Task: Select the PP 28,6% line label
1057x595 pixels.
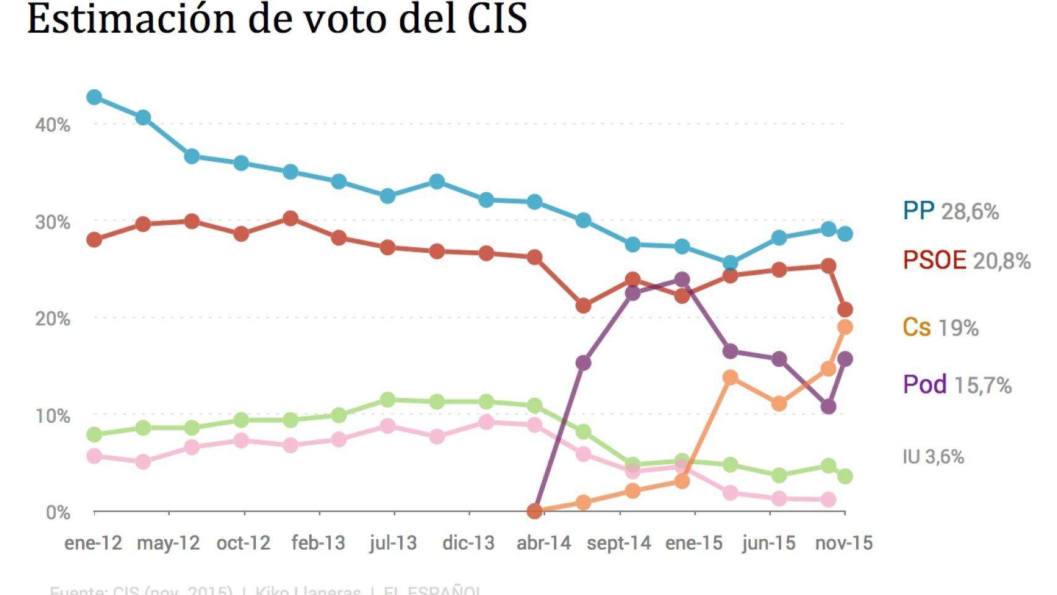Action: (x=950, y=211)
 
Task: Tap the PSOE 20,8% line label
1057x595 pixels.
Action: (x=966, y=260)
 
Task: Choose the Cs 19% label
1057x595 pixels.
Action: (x=940, y=327)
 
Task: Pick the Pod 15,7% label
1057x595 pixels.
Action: (x=957, y=385)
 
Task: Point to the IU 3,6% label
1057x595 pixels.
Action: (x=933, y=457)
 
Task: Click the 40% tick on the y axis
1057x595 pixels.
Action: (x=53, y=125)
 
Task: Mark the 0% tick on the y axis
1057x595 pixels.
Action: (x=58, y=513)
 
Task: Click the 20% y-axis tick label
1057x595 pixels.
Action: (x=53, y=319)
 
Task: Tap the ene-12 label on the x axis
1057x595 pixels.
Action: (x=93, y=544)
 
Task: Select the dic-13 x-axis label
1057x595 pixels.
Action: (x=468, y=544)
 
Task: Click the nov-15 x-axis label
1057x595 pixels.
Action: (x=843, y=544)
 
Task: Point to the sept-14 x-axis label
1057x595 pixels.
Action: (x=619, y=544)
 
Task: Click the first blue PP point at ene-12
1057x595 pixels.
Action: (x=94, y=97)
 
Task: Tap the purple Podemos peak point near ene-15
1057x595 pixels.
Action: (x=682, y=280)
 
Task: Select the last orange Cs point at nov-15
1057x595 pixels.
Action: (x=845, y=327)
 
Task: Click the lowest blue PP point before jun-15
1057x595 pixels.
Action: (x=730, y=263)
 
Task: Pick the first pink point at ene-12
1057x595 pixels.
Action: (x=94, y=456)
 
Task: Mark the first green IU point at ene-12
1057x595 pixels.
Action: (x=94, y=434)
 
